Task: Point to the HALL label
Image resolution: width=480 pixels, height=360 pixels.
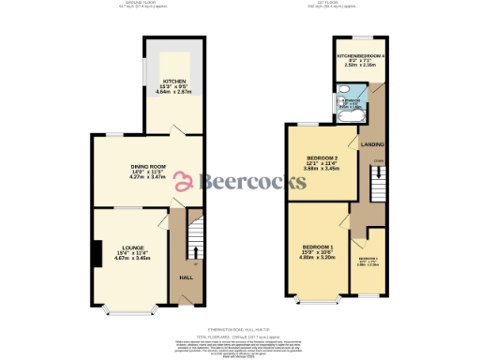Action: point(186,277)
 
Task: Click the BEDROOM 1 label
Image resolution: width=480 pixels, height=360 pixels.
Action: point(316,247)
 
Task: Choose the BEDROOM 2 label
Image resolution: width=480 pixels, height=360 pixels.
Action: point(322,158)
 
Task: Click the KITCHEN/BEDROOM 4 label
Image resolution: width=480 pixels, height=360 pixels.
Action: point(361,57)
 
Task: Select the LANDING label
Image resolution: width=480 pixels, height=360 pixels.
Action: point(373,143)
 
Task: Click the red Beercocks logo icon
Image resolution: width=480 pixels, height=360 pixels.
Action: point(184,181)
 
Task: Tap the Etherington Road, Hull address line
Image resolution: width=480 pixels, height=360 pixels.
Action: point(239,330)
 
